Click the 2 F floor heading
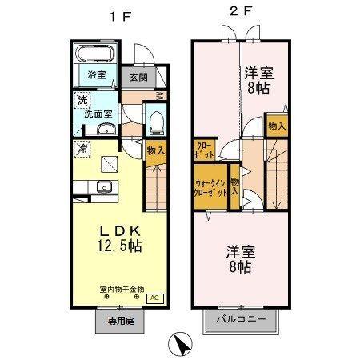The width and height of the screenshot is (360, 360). pyautogui.click(x=241, y=13)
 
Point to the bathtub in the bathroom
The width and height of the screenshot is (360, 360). pyautogui.click(x=98, y=55)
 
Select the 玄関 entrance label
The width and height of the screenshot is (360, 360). pyautogui.click(x=137, y=78)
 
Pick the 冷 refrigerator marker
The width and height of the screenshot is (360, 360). pyautogui.click(x=82, y=149)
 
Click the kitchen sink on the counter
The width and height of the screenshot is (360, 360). pyautogui.click(x=102, y=188)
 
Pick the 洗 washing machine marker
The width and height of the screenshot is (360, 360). pyautogui.click(x=82, y=101)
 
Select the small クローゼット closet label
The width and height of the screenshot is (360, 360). pyautogui.click(x=203, y=150)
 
